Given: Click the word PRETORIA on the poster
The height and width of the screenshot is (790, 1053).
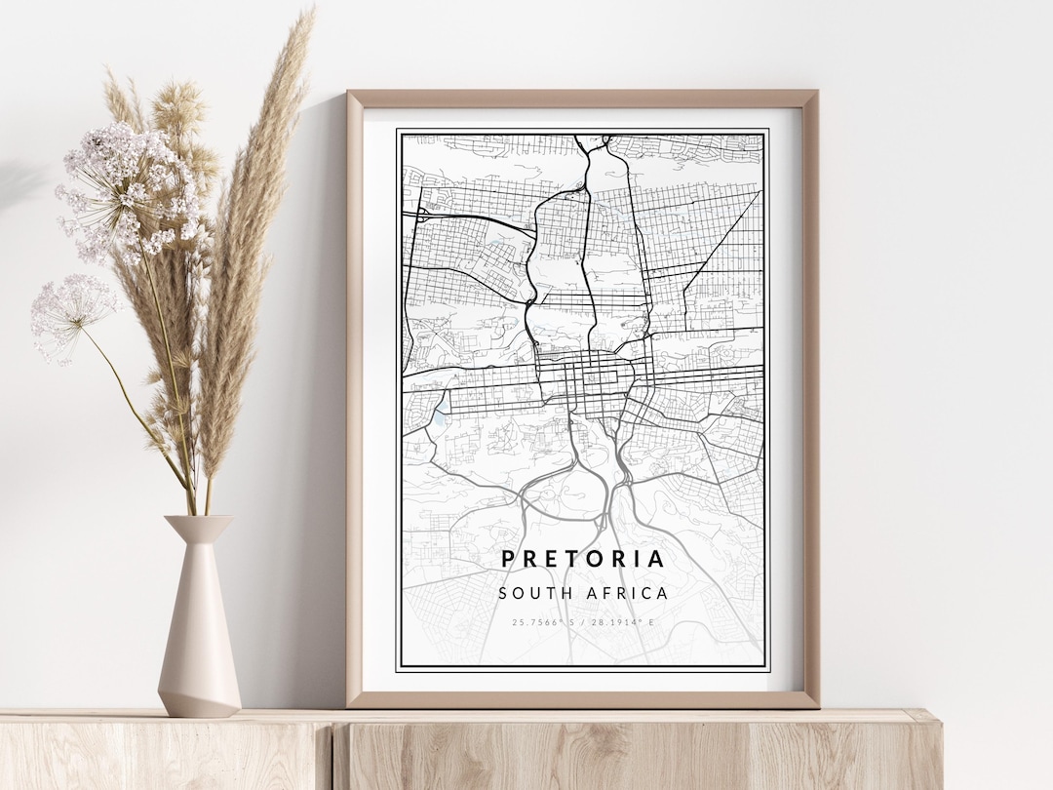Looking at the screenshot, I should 583,559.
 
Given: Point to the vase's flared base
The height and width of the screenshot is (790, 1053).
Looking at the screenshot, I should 199,697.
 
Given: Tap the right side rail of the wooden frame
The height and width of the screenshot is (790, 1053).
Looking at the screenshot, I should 811,390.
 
